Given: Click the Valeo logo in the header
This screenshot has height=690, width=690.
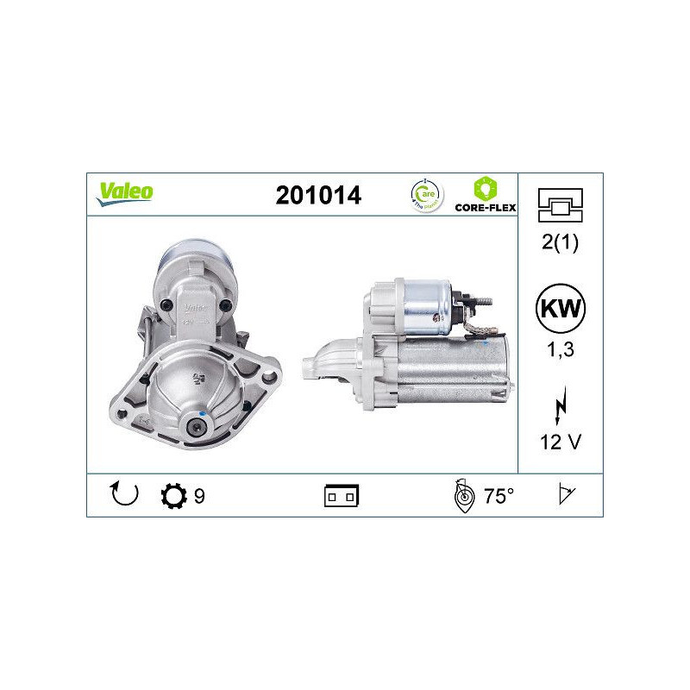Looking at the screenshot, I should point(124,192).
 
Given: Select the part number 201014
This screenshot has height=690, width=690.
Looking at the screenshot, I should point(318,196).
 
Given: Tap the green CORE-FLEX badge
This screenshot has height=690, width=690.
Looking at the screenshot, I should point(486,194).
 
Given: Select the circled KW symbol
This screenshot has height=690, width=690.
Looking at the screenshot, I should point(560,309).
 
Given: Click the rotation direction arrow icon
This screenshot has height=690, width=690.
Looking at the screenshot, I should point(124,495).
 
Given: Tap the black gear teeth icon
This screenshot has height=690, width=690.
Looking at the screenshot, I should point(173,496).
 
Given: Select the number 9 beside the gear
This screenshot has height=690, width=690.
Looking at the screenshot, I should point(199,496).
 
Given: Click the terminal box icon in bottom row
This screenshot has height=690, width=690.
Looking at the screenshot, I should point(342,496).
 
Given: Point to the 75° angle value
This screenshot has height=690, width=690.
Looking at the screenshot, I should point(499,496).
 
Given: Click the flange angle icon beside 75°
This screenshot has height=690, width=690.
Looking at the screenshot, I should point(464,496).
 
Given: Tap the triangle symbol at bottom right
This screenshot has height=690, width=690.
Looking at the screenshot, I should point(566,495).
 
